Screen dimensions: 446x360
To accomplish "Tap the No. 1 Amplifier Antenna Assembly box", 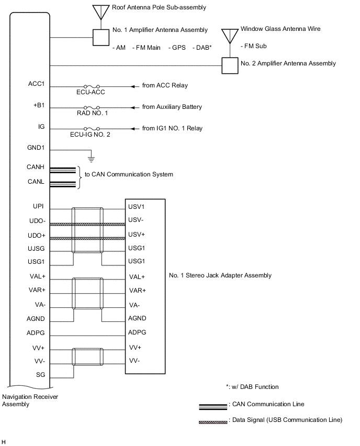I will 102,37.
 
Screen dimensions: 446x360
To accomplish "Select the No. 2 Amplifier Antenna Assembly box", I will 230,65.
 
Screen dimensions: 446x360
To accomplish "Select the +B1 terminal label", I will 39,105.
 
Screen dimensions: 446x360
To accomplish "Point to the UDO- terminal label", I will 37,221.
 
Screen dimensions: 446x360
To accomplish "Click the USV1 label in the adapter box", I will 136,207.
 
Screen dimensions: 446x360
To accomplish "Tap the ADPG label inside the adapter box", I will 137,332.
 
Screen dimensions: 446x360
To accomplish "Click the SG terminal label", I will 41,374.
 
